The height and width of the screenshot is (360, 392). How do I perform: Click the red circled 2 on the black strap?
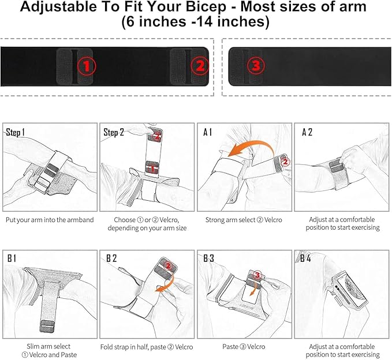click(199, 66)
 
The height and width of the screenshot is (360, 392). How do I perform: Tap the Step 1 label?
click(16, 133)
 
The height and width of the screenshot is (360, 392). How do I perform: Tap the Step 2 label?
click(114, 133)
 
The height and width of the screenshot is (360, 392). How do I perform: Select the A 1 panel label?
click(208, 133)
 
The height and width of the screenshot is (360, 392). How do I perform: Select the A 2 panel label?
click(307, 133)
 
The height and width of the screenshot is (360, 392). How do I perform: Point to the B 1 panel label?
click(12, 258)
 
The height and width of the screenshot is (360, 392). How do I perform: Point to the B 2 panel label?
click(111, 258)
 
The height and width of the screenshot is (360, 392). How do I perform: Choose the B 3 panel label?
click(208, 258)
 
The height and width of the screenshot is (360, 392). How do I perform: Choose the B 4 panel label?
click(306, 258)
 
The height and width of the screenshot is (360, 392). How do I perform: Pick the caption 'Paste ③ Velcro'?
click(244, 347)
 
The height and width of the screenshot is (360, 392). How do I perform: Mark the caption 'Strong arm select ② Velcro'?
click(244, 220)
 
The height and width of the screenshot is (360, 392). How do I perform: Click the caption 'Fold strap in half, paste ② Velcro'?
click(147, 347)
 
